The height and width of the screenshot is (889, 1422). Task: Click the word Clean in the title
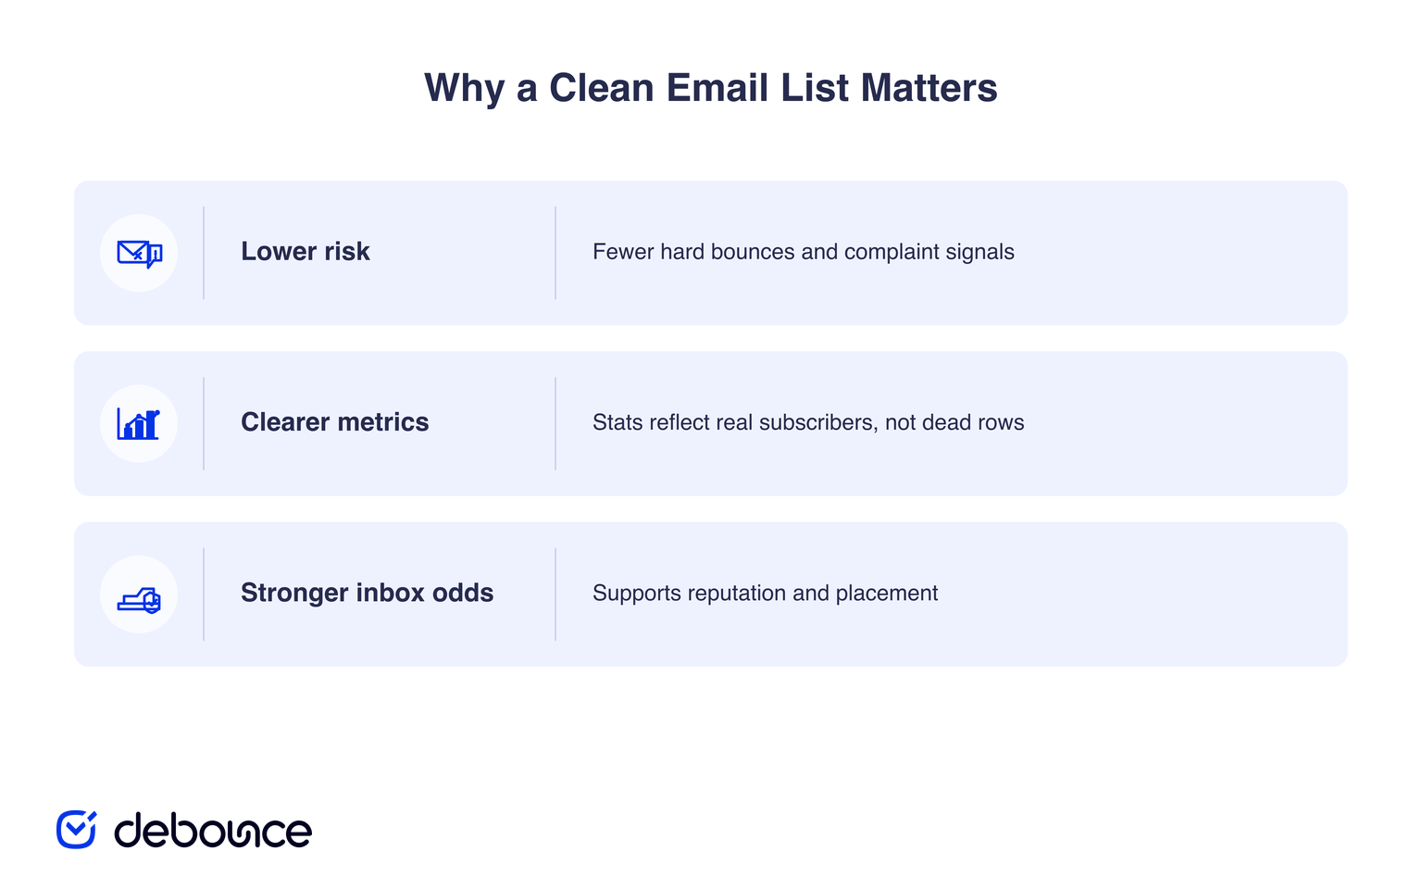point(601,88)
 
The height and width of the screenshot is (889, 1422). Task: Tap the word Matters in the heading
point(929,88)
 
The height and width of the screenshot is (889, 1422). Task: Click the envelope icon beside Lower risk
point(139,254)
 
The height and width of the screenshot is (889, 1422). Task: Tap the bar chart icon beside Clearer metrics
point(138,424)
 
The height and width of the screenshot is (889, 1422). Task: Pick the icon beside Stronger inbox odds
point(139,600)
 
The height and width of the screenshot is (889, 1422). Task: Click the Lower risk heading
point(305,252)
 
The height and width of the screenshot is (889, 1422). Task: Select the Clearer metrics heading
point(334,422)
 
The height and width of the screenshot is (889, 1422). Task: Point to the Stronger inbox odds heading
point(367,593)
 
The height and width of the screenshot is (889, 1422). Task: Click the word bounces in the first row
point(753,252)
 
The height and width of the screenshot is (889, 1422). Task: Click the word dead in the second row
point(947,423)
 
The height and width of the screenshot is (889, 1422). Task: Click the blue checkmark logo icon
point(76,830)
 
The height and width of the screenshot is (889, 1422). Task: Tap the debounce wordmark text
point(213,830)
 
